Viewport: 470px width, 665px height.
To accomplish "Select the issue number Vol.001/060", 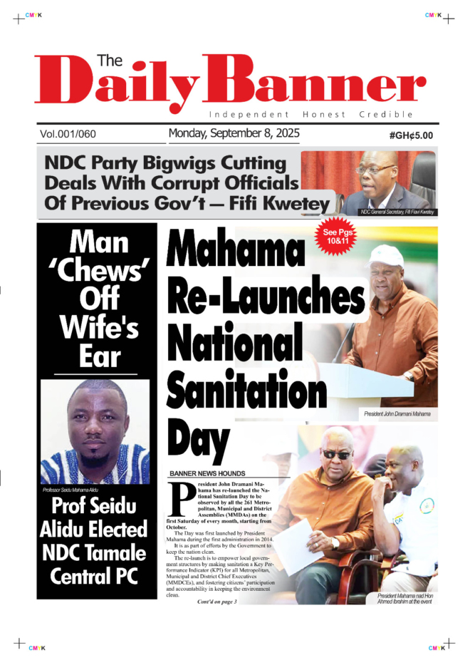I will click(68, 134).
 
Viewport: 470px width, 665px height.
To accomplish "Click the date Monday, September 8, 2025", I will click(234, 133).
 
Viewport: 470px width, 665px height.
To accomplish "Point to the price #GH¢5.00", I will click(411, 135).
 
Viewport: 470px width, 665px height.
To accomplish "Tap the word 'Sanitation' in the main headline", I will click(246, 389).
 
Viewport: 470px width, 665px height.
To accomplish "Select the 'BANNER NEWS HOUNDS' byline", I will click(207, 473).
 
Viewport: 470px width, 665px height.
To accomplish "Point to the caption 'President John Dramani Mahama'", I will click(397, 413).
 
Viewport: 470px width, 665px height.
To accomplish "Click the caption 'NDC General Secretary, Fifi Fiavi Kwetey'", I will click(397, 212).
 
